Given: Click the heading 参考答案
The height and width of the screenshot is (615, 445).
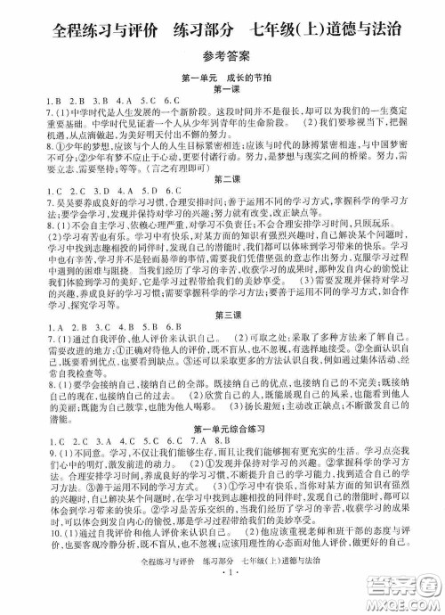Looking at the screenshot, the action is (222, 55).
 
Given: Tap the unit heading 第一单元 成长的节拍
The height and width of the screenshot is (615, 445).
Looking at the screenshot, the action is (222, 78).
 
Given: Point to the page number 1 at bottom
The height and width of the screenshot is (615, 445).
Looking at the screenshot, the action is (222, 598).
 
